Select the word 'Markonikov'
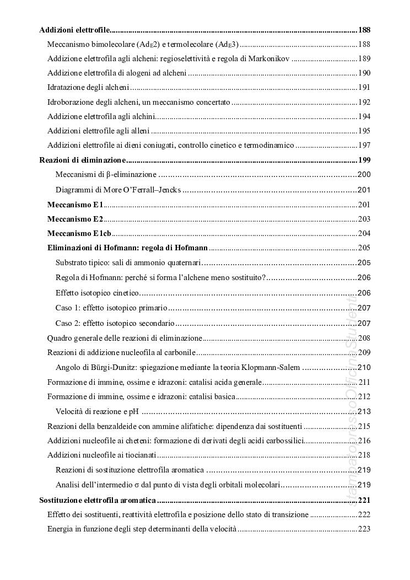tap(268, 58)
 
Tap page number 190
tap(364, 73)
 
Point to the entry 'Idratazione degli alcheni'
tap(88, 87)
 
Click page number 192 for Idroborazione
tap(364, 102)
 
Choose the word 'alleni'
tap(139, 131)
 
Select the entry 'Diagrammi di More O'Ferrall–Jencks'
tap(118, 190)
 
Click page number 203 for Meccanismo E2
tap(364, 218)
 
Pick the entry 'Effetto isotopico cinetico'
tap(98, 293)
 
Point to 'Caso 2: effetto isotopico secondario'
tap(115, 323)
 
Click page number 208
tap(364, 337)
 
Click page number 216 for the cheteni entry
tap(364, 441)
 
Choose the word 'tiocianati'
tap(140, 455)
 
